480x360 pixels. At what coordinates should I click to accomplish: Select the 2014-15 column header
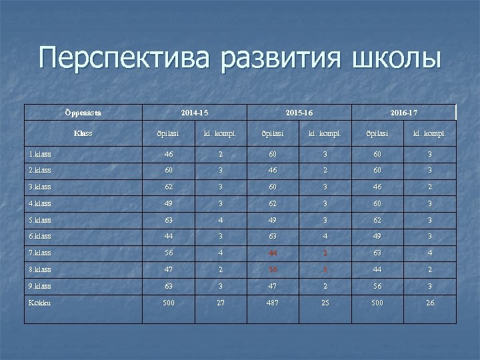point(195,113)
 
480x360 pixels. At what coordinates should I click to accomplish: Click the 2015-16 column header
point(299,113)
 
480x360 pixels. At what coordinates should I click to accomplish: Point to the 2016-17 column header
point(404,113)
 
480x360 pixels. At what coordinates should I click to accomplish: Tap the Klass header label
point(83,133)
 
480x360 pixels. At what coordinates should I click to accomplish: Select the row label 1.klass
point(40,154)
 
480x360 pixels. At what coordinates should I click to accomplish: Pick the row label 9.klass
point(40,286)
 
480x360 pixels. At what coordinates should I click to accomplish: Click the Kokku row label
point(39,303)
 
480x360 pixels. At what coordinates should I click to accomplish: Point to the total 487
point(273,303)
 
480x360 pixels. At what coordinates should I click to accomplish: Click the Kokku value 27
point(221,303)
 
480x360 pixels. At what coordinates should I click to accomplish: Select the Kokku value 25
point(325,303)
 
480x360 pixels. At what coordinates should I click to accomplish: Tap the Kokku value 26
point(430,303)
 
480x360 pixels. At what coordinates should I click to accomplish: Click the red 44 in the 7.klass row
point(273,253)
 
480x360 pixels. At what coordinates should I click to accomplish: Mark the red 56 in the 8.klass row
point(273,269)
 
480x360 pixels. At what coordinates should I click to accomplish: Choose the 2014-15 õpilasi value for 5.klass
point(168,220)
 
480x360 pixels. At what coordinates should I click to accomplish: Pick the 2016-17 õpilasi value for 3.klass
point(378,187)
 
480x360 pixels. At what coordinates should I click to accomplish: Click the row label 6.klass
point(40,237)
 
